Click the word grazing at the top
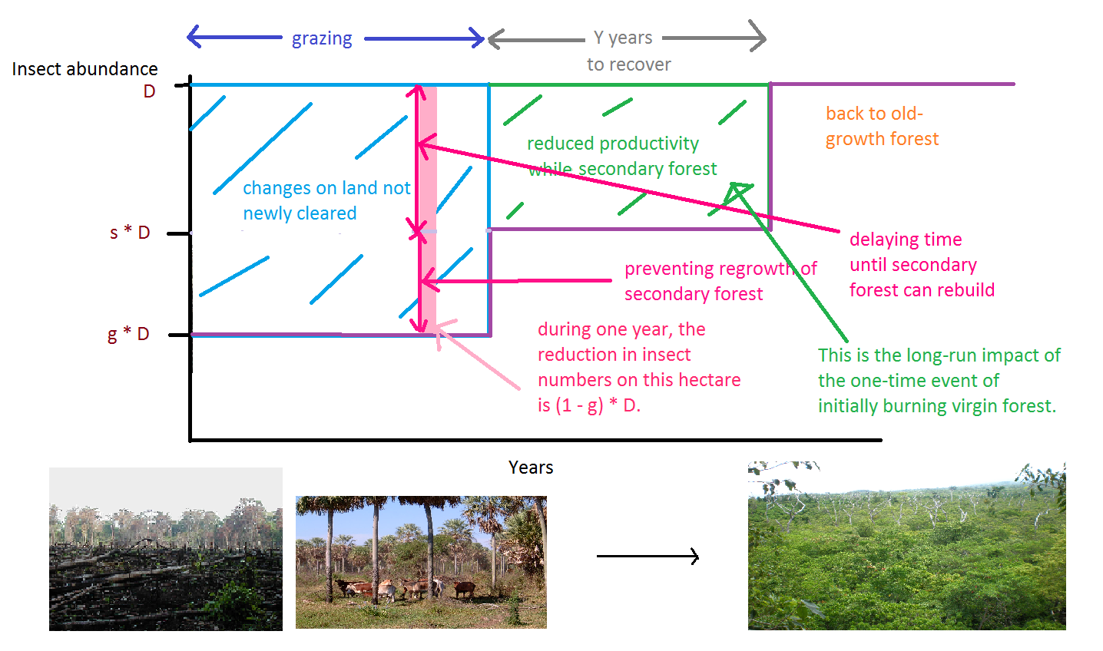point(322,38)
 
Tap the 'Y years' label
point(623,38)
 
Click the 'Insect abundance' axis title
point(84,69)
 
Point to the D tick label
point(149,91)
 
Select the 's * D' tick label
point(130,233)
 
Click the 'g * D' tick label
point(128,334)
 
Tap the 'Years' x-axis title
point(531,467)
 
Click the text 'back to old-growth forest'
point(882,126)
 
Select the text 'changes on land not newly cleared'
point(326,200)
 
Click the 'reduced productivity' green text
point(612,144)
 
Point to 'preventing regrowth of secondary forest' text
point(720,281)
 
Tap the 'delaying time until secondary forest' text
point(922,264)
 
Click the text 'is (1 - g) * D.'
point(589,405)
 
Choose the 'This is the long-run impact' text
point(939,355)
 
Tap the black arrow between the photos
point(648,557)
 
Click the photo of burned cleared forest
point(166,549)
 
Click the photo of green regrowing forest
point(907,546)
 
